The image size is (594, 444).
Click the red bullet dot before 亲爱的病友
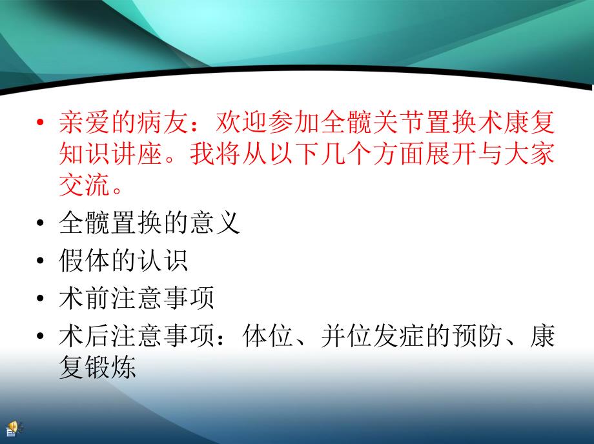click(x=41, y=123)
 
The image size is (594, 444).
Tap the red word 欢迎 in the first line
click(x=244, y=121)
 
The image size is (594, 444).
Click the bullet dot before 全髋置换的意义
click(x=41, y=225)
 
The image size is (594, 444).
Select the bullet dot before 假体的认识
click(x=41, y=263)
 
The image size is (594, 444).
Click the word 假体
click(x=85, y=261)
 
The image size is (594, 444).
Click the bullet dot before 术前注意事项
click(x=41, y=300)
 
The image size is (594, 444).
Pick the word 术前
click(x=85, y=299)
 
